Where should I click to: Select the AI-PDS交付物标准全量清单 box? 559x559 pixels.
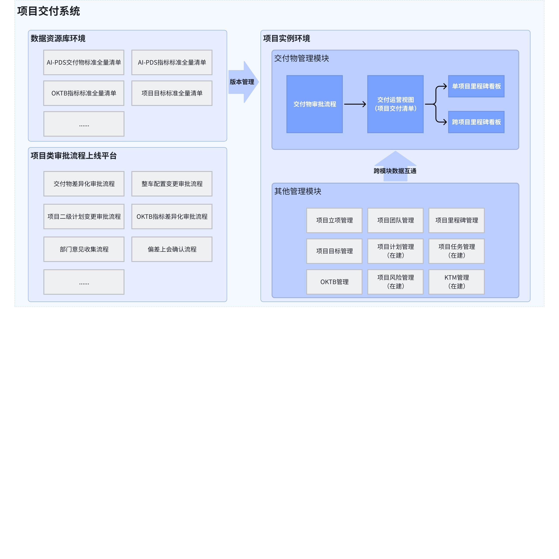[x=84, y=62]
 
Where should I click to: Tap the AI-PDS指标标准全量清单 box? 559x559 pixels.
[x=172, y=62]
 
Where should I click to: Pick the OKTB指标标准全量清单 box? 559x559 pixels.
[x=84, y=93]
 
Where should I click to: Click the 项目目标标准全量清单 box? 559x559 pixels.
[x=172, y=93]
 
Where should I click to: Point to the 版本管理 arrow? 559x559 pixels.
[x=243, y=82]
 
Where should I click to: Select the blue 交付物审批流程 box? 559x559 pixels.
[x=314, y=104]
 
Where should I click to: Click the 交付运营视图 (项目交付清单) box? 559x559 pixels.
[x=395, y=104]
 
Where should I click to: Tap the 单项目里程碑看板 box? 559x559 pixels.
[x=476, y=86]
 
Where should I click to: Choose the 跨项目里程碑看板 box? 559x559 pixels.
[x=476, y=122]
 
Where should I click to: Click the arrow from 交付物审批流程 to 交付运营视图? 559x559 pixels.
[x=355, y=104]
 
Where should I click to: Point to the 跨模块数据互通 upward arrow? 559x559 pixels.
[x=395, y=166]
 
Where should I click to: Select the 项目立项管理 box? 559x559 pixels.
[x=335, y=221]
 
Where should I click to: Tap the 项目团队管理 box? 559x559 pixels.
[x=395, y=221]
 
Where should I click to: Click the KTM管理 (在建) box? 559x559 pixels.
[x=457, y=282]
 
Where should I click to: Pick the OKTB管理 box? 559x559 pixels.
[x=335, y=282]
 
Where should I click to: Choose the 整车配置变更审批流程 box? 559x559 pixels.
[x=172, y=184]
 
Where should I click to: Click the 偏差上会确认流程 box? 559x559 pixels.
[x=172, y=249]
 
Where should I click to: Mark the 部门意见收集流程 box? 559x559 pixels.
[x=84, y=249]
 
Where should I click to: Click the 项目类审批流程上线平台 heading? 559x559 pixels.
[x=74, y=156]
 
